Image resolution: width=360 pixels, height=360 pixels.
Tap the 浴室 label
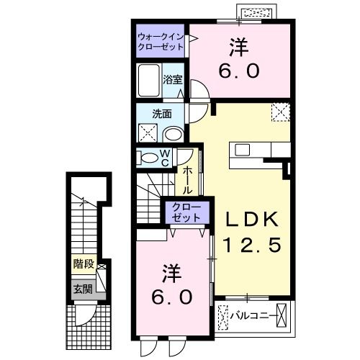[172, 79]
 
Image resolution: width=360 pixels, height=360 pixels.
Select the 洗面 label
[162, 114]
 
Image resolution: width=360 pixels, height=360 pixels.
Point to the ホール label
[187, 180]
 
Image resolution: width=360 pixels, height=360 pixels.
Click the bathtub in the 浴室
[149, 81]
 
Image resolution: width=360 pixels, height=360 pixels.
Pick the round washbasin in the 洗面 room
[173, 134]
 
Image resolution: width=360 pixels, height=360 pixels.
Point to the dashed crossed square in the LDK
[280, 112]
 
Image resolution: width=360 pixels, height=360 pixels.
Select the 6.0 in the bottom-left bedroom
[171, 296]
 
